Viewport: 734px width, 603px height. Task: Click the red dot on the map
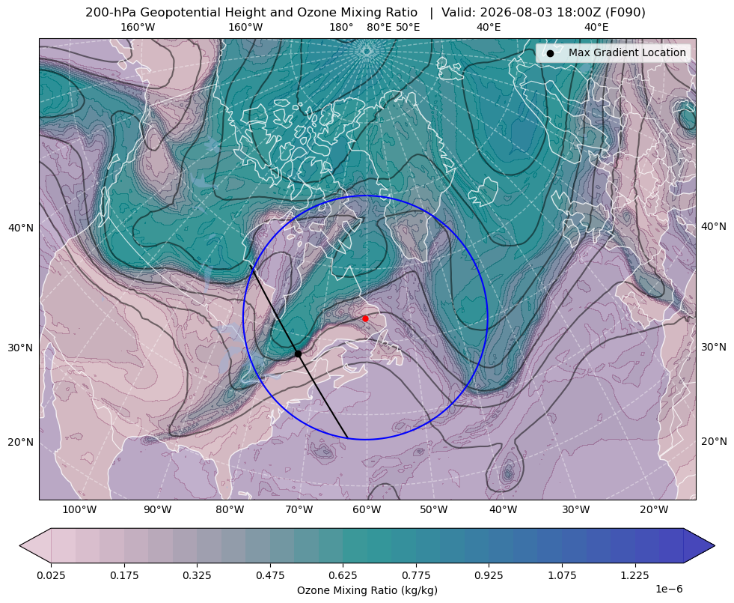(365, 318)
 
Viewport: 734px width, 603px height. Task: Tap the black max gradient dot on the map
(299, 354)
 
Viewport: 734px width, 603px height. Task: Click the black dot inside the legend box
(550, 53)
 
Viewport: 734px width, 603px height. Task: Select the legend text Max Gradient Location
(627, 52)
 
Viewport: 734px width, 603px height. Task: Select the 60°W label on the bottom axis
(367, 510)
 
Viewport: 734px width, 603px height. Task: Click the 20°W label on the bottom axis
(654, 510)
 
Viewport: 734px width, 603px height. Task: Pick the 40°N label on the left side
(21, 228)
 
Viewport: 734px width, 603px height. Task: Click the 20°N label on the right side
(714, 441)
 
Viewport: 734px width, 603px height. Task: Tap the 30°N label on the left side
(21, 348)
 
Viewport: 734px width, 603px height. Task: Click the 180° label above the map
(341, 27)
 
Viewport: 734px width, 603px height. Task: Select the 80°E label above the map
(379, 27)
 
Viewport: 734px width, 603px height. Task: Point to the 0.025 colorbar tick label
(51, 575)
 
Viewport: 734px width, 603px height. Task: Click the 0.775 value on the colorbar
(416, 575)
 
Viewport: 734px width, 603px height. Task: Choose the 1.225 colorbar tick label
(634, 575)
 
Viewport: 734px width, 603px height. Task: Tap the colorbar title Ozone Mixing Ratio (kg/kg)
(367, 590)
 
